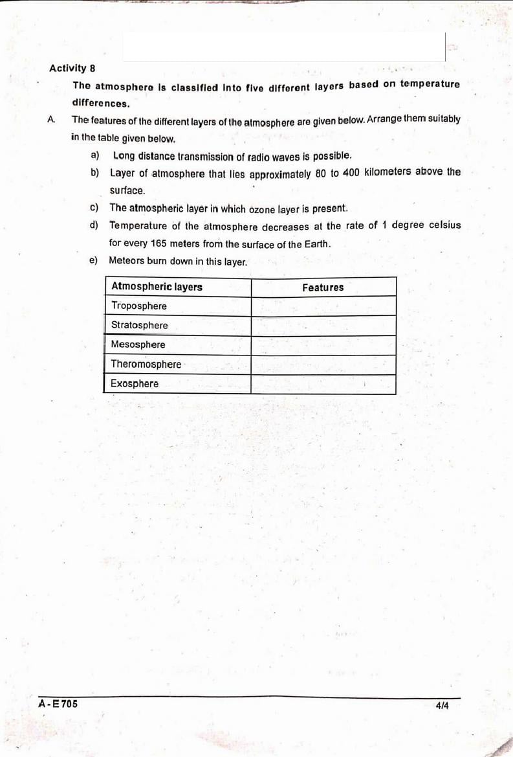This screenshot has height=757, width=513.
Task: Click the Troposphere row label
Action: click(x=138, y=306)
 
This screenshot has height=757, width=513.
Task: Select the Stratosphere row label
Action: click(x=139, y=325)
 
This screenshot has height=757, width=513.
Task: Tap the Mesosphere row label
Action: click(x=138, y=345)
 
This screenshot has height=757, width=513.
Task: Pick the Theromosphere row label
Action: click(x=146, y=364)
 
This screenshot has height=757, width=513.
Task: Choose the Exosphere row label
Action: click(x=135, y=383)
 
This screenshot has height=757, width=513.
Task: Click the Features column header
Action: click(x=323, y=287)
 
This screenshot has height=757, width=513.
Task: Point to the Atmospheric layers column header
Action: click(x=157, y=287)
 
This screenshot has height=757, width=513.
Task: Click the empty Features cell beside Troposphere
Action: click(x=323, y=306)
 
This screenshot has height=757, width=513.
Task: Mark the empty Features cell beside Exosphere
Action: click(x=323, y=384)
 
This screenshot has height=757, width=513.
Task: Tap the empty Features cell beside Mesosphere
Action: click(x=323, y=345)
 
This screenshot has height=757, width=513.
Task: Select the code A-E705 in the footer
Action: click(x=58, y=703)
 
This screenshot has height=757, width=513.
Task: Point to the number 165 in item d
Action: click(x=158, y=243)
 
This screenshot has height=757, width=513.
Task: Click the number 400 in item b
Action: click(x=351, y=172)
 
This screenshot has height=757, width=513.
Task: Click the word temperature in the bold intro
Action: click(x=430, y=84)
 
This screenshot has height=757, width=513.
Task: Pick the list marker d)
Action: click(x=94, y=225)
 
